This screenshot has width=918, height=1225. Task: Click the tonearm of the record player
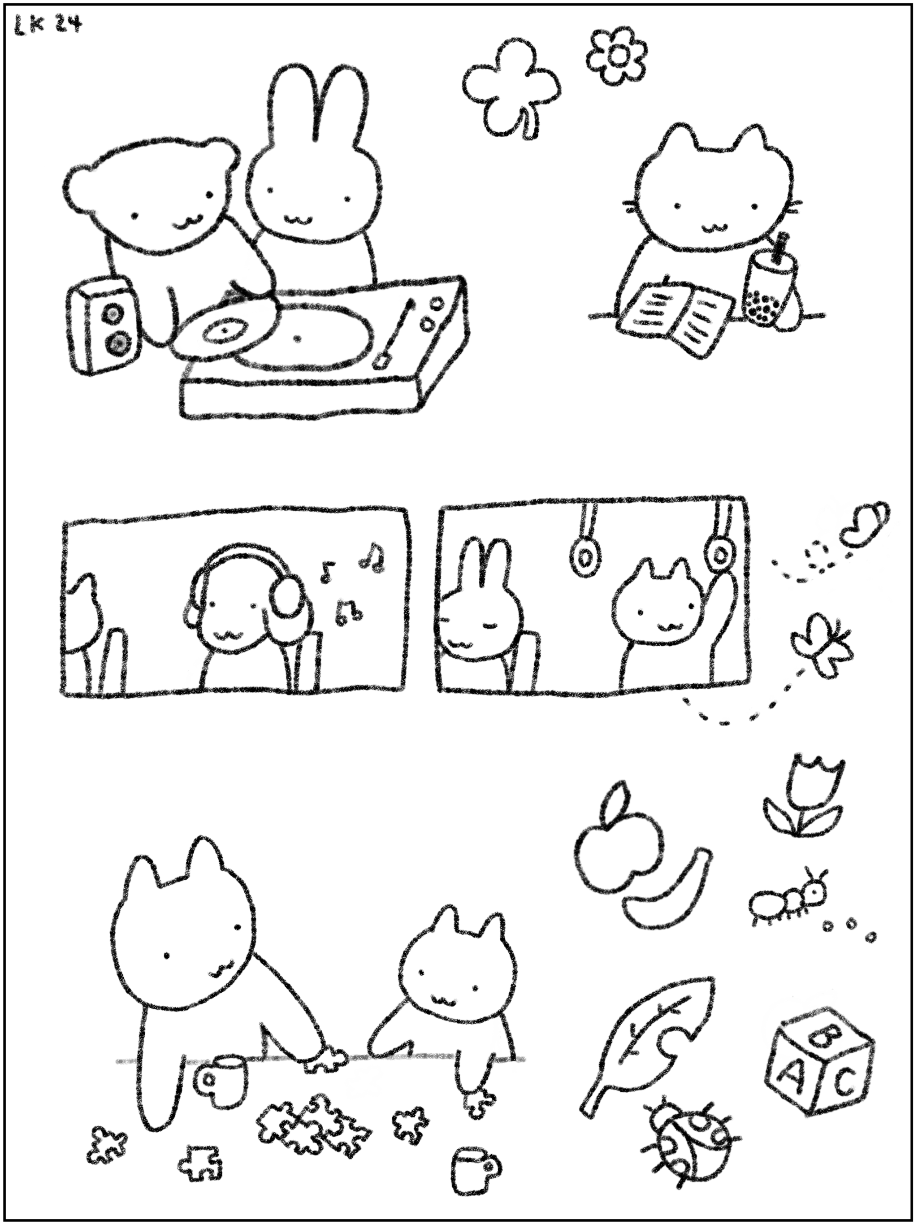396,333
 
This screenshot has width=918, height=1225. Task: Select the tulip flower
803,798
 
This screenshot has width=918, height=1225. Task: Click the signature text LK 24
47,26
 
